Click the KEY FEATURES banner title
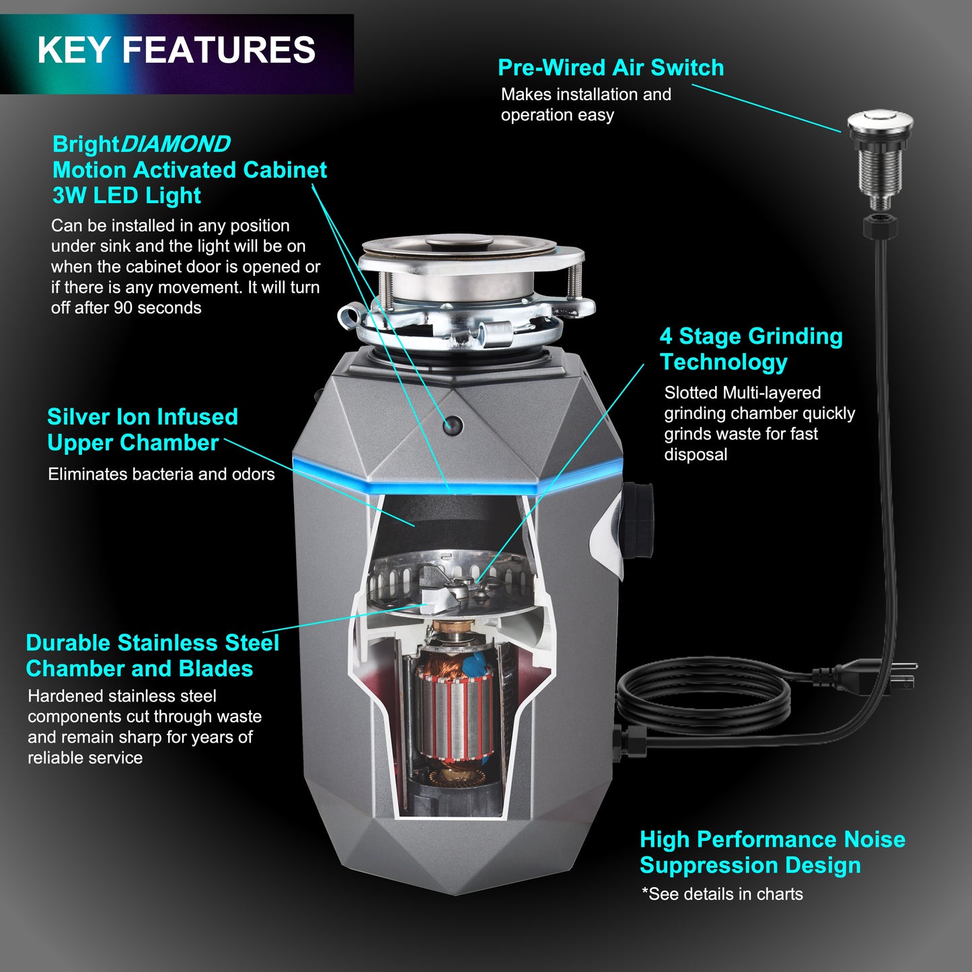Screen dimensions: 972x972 pyautogui.click(x=176, y=50)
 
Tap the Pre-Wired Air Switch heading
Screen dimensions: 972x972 pyautogui.click(x=610, y=68)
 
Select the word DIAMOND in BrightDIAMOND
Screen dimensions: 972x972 pyautogui.click(x=175, y=144)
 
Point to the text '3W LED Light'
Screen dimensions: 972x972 pyautogui.click(x=126, y=196)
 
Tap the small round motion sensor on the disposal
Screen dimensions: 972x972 pyautogui.click(x=453, y=424)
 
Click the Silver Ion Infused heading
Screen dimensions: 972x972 pyautogui.click(x=142, y=417)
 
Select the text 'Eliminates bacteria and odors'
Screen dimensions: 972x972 pyautogui.click(x=161, y=474)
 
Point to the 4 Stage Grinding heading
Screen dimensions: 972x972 pyautogui.click(x=751, y=336)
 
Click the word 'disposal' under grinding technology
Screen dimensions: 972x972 pyautogui.click(x=696, y=455)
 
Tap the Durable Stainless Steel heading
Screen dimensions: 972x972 pyautogui.click(x=152, y=643)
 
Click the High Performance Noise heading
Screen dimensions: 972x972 pyautogui.click(x=772, y=839)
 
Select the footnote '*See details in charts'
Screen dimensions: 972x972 pyautogui.click(x=722, y=894)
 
